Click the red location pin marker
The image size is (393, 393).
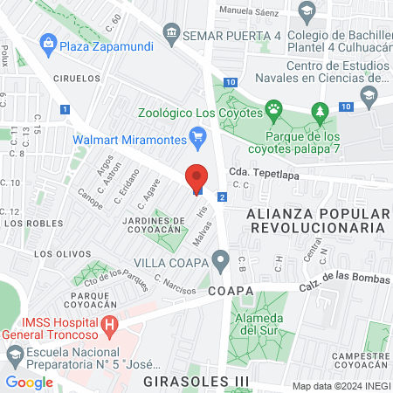[x=197, y=178]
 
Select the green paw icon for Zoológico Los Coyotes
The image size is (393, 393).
[x=274, y=110]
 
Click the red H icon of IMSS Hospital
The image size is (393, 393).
[x=109, y=327]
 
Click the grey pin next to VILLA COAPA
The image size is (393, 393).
[x=221, y=260]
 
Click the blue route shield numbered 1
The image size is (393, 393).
[x=65, y=109]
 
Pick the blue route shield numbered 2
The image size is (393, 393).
[x=223, y=198]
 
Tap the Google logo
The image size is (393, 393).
[x=29, y=381]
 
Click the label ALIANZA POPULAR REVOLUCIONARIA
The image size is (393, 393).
[x=315, y=220]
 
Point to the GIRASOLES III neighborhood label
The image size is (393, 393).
[x=196, y=383]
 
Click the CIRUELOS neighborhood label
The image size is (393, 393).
[x=77, y=78]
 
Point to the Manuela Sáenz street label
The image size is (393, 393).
[x=248, y=11]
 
